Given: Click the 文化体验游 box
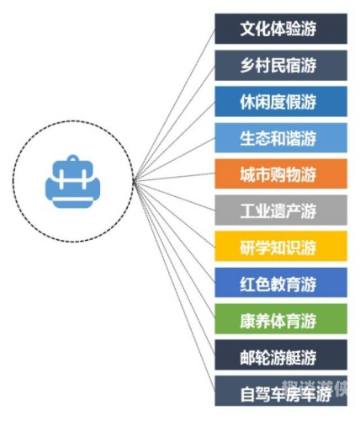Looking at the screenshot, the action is [281, 29].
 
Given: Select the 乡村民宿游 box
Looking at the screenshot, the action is [281, 65].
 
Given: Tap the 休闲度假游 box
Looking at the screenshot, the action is [281, 101].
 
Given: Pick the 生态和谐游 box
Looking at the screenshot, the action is [281, 137].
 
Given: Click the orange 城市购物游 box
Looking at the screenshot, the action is [281, 173].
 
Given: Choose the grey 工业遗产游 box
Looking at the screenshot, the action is [281, 210].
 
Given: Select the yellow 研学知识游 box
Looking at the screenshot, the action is [281, 246].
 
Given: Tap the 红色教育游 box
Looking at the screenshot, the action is [281, 283].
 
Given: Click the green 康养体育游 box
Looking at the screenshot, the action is [281, 319].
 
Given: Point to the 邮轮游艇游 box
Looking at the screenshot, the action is [281, 355].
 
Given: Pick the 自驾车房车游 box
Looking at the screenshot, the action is [281, 391].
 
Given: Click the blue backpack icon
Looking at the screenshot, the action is [73, 182].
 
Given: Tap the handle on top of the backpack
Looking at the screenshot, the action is [73, 158].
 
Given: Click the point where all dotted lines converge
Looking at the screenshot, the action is [134, 182].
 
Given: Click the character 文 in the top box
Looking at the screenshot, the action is [247, 29].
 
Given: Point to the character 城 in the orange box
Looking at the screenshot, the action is [247, 174].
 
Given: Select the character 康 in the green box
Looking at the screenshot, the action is [247, 319].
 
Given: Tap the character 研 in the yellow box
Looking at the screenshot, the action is [247, 247].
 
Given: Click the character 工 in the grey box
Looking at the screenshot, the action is [247, 210].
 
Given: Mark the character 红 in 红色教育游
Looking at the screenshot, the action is [247, 283].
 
